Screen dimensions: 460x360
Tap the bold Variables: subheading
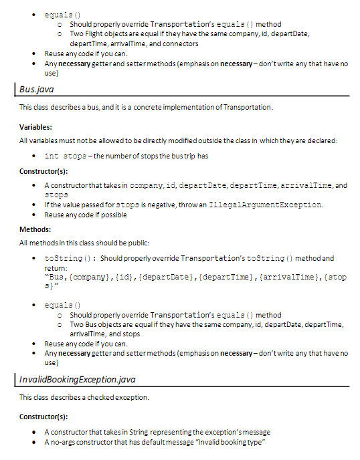(x=35, y=126)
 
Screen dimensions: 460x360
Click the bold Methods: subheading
(x=35, y=229)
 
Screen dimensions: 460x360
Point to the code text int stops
(x=66, y=156)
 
